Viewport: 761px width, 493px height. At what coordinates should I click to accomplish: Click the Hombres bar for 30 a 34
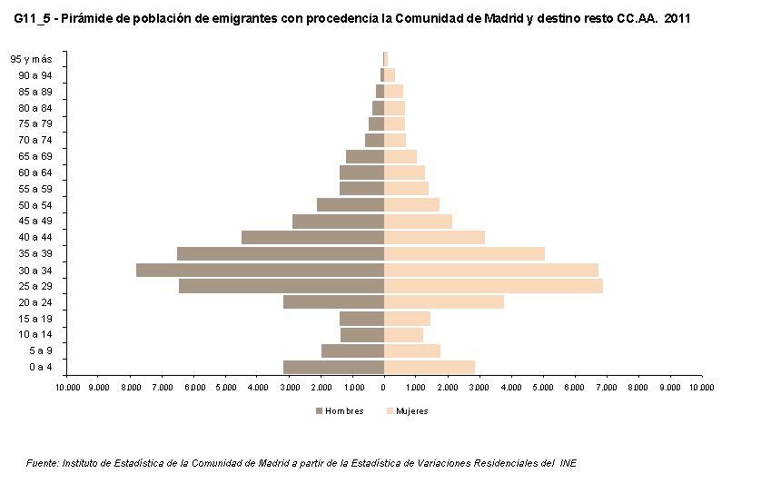click(x=260, y=270)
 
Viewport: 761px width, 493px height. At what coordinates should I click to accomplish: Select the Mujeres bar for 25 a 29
click(x=493, y=286)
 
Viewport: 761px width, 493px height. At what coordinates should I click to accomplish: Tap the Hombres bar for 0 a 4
click(x=333, y=367)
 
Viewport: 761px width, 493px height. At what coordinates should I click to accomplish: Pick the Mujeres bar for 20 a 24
click(x=444, y=302)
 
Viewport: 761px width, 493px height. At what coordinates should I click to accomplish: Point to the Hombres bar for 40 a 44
click(x=312, y=237)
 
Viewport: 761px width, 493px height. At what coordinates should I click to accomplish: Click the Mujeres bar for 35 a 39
click(x=464, y=253)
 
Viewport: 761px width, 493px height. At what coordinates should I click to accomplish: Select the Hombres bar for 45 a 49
click(x=338, y=221)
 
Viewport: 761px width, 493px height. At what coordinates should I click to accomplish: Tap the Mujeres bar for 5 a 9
click(x=412, y=350)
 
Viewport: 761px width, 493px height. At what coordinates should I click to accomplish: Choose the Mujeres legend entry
click(x=406, y=410)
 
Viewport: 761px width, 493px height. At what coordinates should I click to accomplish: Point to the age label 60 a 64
click(x=35, y=173)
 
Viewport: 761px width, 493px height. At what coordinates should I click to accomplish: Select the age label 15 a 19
click(x=35, y=319)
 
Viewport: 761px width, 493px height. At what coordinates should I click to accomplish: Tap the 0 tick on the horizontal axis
click(x=384, y=388)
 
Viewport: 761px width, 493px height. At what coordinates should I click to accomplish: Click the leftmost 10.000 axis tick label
click(x=67, y=388)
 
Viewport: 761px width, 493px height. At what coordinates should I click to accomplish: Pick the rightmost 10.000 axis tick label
click(x=701, y=388)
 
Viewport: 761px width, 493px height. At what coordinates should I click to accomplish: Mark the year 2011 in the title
click(x=677, y=17)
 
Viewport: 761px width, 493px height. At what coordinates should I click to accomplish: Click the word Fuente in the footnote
click(x=43, y=463)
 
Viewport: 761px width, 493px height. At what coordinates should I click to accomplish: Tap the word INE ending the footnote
click(x=568, y=463)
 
